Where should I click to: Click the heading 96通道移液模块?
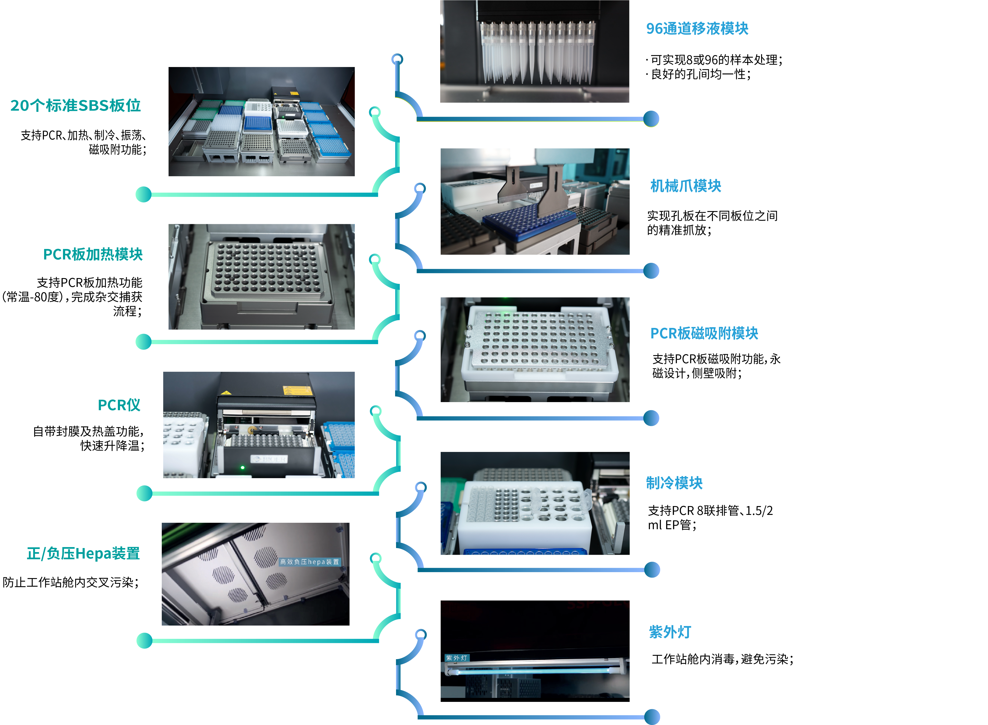tap(697, 29)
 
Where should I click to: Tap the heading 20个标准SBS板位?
tap(76, 106)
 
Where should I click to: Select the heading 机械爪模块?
tap(685, 186)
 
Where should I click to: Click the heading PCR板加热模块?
tap(93, 254)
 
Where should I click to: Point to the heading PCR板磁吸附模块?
tap(704, 334)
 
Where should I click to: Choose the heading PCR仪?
tap(119, 405)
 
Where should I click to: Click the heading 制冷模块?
tap(674, 483)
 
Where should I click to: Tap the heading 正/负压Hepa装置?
tap(84, 554)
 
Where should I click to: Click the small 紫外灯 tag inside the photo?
tap(457, 658)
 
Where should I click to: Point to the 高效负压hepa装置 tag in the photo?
tap(310, 562)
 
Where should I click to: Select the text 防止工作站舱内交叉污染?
tap(70, 582)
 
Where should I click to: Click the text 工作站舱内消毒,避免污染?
tap(722, 659)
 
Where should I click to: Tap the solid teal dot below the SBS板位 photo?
tap(144, 194)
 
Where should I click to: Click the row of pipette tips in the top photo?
tap(537, 53)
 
